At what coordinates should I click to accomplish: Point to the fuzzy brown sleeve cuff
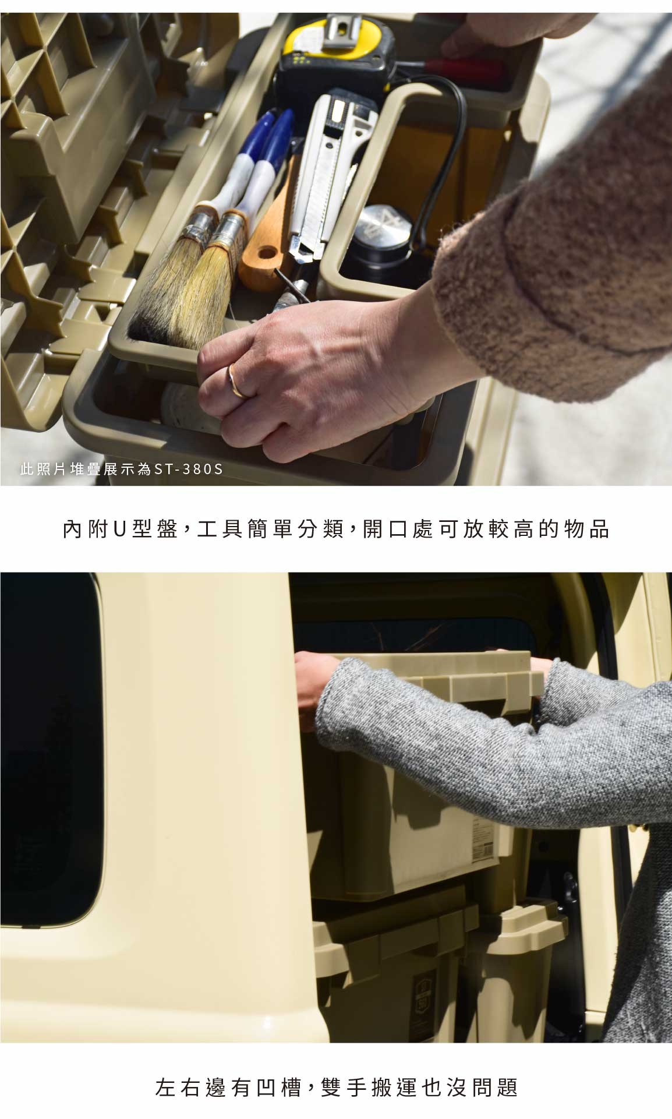point(466,291)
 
